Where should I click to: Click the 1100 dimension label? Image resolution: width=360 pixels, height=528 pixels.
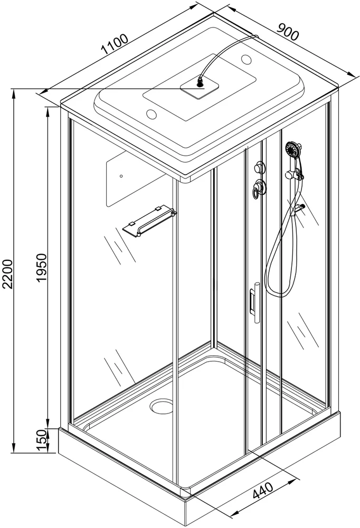tap(115, 45)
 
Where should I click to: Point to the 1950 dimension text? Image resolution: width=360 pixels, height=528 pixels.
tap(43, 269)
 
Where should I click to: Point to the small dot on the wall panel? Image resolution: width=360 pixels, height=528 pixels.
tap(121, 176)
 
